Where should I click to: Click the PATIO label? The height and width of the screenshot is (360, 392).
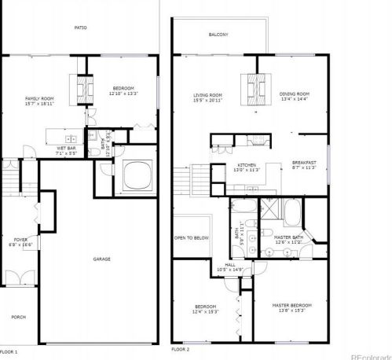coord(81,28)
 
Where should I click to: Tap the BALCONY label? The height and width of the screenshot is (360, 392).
coord(218,35)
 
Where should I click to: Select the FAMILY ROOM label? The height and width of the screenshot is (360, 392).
coord(38,97)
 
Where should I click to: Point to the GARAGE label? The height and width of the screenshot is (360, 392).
coord(101,259)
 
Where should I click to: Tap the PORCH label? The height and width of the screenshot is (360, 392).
coord(18,317)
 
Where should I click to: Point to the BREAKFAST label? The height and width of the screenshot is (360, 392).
coord(303,163)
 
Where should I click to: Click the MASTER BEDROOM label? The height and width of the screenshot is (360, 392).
coord(291,306)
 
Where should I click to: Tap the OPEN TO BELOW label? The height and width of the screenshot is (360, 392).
coord(192,237)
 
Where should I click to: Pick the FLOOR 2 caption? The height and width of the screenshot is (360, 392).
coord(181,348)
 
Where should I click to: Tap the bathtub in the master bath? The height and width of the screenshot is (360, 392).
coord(292,212)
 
